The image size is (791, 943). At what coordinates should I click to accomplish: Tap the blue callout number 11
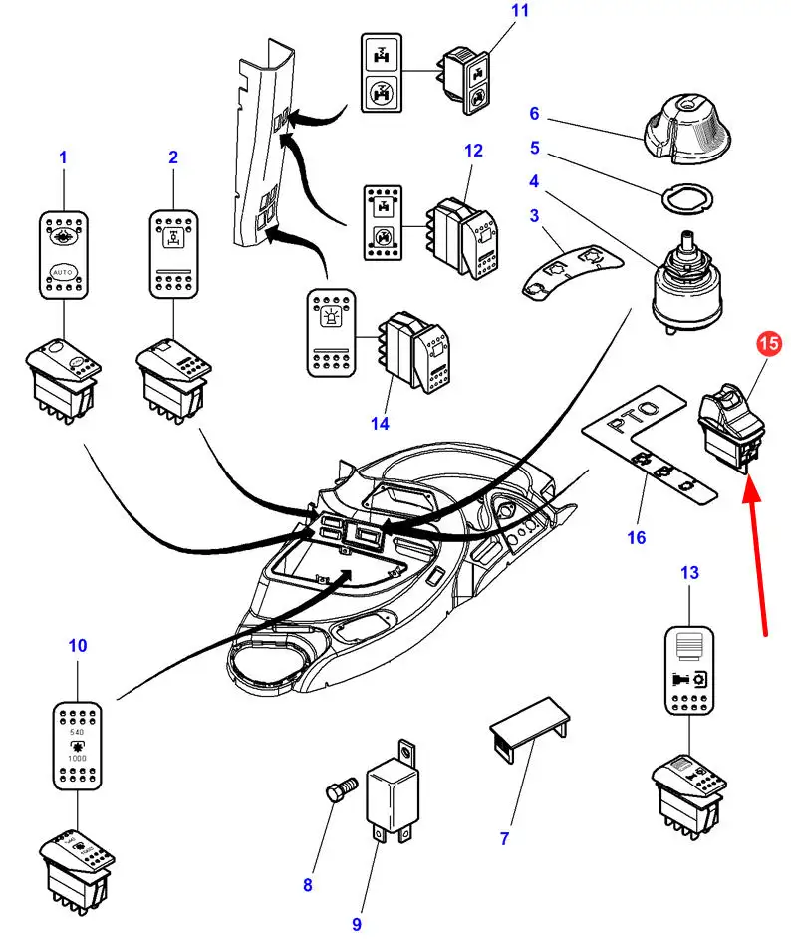[x=492, y=12]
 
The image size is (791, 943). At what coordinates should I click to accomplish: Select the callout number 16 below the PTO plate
[x=636, y=538]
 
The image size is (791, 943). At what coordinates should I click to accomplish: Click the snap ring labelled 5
[x=687, y=197]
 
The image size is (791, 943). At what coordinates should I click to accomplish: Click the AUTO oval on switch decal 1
[x=64, y=270]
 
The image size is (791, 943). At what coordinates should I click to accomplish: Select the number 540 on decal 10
[x=76, y=731]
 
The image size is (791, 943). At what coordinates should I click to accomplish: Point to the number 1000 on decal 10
[x=76, y=758]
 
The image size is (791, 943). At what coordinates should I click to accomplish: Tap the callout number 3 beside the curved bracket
[x=534, y=215]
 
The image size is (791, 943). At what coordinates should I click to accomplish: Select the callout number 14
[x=380, y=423]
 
